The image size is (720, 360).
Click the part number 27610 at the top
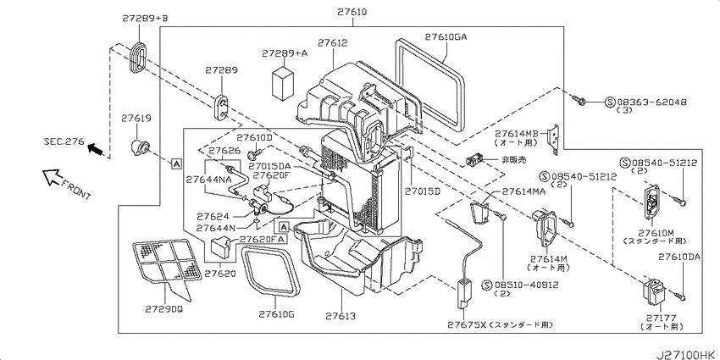tap(352, 12)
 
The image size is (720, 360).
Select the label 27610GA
tap(446, 36)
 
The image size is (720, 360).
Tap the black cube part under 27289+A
tap(283, 83)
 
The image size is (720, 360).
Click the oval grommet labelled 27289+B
tap(137, 57)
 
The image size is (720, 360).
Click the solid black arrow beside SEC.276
tap(95, 148)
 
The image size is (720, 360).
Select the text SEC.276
tap(64, 142)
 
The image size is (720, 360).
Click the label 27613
tap(341, 317)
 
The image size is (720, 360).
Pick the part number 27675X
tap(466, 325)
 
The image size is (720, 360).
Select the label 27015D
tap(423, 191)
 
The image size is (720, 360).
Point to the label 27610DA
tap(678, 258)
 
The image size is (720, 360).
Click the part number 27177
tap(662, 318)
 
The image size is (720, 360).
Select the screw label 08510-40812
tap(526, 285)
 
